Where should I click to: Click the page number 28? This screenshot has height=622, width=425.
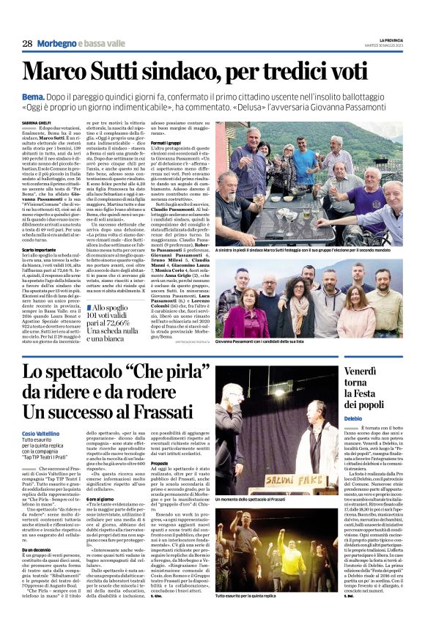(x=27, y=43)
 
